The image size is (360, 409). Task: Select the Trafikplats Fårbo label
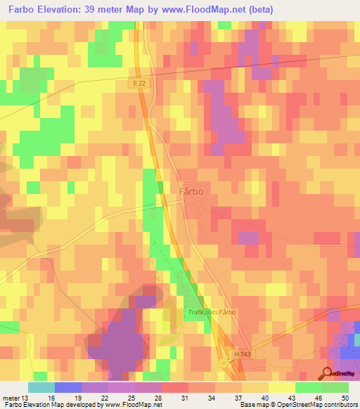211,312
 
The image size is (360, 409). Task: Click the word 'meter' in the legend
11,397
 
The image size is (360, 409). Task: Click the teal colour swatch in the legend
41,387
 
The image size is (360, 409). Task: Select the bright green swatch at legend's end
335,387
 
